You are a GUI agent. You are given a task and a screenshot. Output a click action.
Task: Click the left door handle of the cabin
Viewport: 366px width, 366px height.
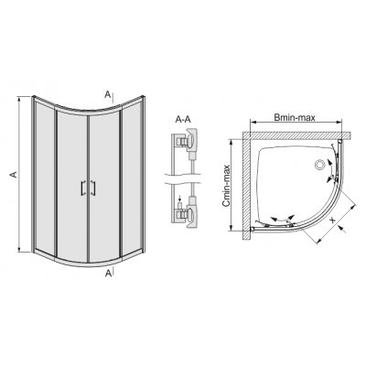83,188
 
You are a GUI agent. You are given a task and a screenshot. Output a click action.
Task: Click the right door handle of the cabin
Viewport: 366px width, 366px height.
91,188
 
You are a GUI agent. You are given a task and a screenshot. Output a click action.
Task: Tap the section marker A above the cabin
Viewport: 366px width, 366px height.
109,94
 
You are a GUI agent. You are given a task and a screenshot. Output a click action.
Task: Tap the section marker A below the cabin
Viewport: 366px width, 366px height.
109,272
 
